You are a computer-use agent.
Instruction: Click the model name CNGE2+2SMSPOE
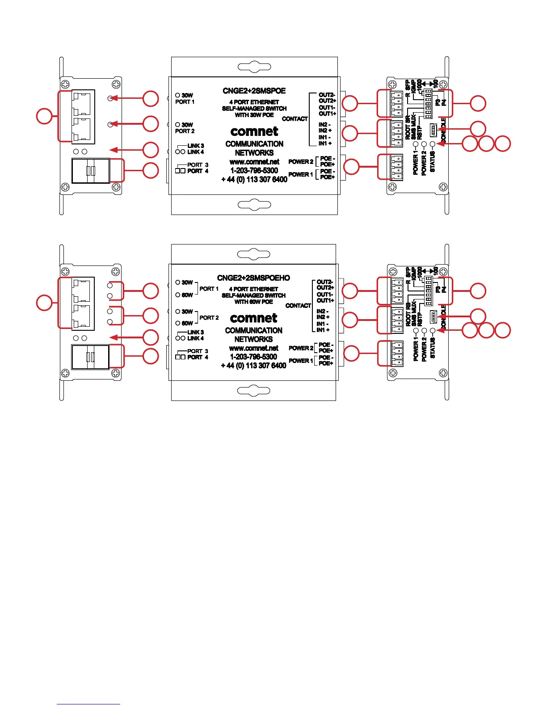(x=254, y=91)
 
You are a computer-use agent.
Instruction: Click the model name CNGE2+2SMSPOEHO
(x=253, y=278)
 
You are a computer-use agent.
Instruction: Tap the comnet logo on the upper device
(x=254, y=131)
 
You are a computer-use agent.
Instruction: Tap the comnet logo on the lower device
(x=253, y=318)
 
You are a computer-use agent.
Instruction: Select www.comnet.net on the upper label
(x=254, y=162)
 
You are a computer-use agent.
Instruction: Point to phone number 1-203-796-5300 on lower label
(x=253, y=357)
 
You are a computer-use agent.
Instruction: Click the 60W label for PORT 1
(x=187, y=295)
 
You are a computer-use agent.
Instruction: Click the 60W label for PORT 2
(x=187, y=323)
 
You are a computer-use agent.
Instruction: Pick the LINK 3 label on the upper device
(x=196, y=146)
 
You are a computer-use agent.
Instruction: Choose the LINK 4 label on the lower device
(x=196, y=338)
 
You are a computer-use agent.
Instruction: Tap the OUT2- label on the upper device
(x=327, y=95)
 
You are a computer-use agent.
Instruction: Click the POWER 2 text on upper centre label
(x=301, y=162)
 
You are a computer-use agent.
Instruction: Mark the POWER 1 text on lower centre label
(x=301, y=361)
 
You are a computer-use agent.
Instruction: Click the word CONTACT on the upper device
(x=295, y=119)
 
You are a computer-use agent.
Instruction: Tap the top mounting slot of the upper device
(x=254, y=67)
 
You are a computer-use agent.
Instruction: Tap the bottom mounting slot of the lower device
(x=253, y=391)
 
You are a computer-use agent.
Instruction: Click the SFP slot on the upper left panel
(x=91, y=171)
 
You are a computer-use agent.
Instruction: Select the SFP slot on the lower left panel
(x=91, y=357)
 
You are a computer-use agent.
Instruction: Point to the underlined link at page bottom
(x=88, y=704)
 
